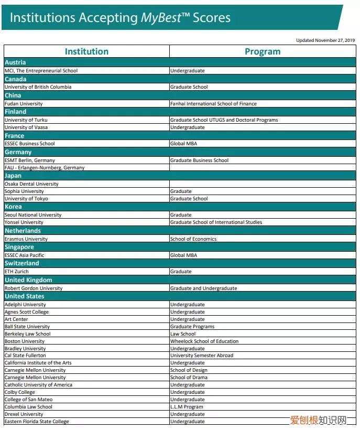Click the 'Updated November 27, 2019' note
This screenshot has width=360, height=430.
(x=325, y=40)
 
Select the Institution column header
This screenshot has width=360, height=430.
(x=86, y=51)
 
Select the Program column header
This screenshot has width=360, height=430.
(x=263, y=51)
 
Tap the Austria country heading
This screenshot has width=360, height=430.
(x=15, y=62)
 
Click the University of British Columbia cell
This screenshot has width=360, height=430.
(x=38, y=87)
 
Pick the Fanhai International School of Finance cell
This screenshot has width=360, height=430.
(x=213, y=104)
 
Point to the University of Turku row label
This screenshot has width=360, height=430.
(x=26, y=120)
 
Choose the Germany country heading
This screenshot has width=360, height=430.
(x=18, y=152)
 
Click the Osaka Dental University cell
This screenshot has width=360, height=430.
(x=31, y=184)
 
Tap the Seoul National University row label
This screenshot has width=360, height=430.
(x=33, y=215)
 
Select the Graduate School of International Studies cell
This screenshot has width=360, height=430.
(x=216, y=222)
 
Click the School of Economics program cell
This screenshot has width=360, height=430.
(x=193, y=239)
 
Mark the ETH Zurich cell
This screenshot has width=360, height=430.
(x=17, y=272)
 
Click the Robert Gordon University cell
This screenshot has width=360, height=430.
(x=34, y=288)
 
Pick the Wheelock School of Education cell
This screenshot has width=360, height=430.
(x=204, y=341)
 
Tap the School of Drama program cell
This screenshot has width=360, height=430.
(x=189, y=378)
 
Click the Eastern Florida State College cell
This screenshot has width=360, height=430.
(x=37, y=422)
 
